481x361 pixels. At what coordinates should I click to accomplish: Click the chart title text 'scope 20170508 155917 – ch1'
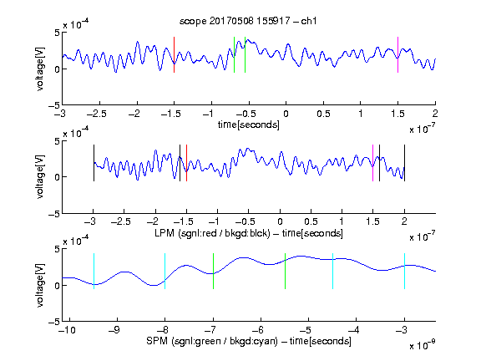pyautogui.click(x=248, y=21)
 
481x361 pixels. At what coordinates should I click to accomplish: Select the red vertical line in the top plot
pyautogui.click(x=174, y=54)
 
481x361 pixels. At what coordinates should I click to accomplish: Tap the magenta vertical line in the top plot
pyautogui.click(x=397, y=54)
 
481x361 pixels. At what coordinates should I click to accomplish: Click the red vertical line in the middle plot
pyautogui.click(x=186, y=163)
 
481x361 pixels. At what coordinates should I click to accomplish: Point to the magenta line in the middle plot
pyautogui.click(x=372, y=163)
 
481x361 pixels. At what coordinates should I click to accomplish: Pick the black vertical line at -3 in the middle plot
pyautogui.click(x=94, y=163)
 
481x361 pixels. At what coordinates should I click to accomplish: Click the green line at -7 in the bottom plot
pyautogui.click(x=213, y=271)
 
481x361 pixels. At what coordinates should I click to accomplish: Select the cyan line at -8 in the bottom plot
pyautogui.click(x=165, y=271)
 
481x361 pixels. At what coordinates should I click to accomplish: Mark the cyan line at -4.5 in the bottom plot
pyautogui.click(x=333, y=271)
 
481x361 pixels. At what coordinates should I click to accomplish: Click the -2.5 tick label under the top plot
pyautogui.click(x=97, y=114)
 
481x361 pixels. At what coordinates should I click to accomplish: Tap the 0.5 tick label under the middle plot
pyautogui.click(x=311, y=221)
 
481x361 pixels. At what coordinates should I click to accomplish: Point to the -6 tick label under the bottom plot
pyautogui.click(x=260, y=330)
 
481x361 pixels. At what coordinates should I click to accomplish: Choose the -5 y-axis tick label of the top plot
pyautogui.click(x=54, y=106)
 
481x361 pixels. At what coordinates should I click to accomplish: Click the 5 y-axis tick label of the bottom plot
pyautogui.click(x=57, y=249)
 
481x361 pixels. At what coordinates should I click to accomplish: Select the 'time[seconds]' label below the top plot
pyautogui.click(x=249, y=125)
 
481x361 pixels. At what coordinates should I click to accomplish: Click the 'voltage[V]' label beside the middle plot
pyautogui.click(x=40, y=177)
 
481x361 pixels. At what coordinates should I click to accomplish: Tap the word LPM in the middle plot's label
pyautogui.click(x=165, y=233)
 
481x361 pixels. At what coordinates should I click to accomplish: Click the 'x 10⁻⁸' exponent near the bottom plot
pyautogui.click(x=422, y=345)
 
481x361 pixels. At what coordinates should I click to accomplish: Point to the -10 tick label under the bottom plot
pyautogui.click(x=67, y=330)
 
